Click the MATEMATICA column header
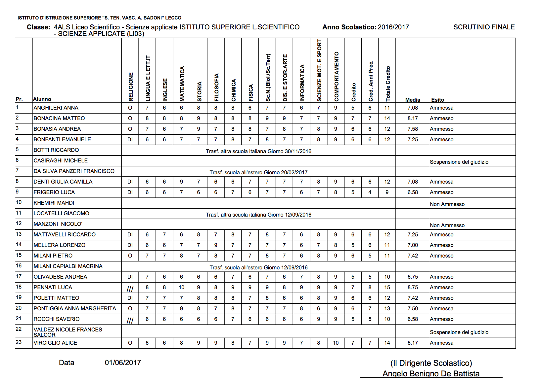point(182,84)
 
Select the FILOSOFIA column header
point(216,87)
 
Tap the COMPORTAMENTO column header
point(336,76)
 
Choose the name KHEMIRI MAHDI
point(54,203)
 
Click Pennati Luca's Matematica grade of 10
point(181,287)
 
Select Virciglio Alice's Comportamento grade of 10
point(336,343)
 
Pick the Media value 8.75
point(413,287)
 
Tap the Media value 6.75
point(413,277)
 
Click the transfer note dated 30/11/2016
point(258,151)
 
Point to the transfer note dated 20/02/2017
point(258,172)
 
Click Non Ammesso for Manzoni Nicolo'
point(447,225)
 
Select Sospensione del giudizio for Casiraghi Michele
point(459,162)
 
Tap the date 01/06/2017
point(123,363)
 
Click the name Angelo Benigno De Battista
point(431,373)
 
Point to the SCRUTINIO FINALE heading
point(484,27)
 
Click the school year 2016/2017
point(393,27)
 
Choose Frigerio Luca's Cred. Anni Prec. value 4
point(370,192)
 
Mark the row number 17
point(19,276)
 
